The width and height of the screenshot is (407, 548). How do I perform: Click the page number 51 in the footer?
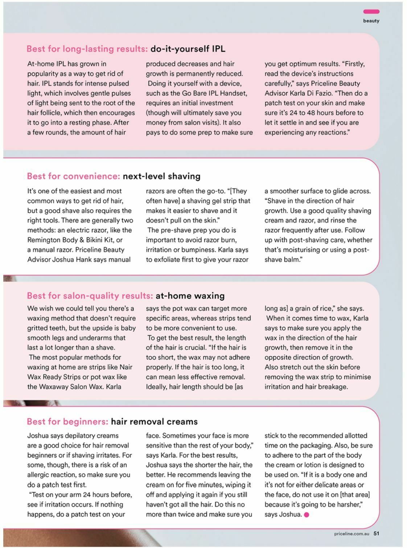click(x=376, y=533)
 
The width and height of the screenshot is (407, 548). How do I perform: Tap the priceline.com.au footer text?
click(x=351, y=534)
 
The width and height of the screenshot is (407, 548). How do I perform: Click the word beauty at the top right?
click(x=371, y=21)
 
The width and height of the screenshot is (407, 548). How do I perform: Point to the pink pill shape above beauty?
click(x=371, y=12)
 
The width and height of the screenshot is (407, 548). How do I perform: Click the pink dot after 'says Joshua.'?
click(x=307, y=515)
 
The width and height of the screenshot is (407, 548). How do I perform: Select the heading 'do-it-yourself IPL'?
click(x=188, y=49)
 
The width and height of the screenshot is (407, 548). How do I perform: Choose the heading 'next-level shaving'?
click(x=161, y=176)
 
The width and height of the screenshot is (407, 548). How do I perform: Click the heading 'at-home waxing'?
click(x=190, y=296)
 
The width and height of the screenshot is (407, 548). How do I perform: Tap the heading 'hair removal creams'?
click(x=154, y=422)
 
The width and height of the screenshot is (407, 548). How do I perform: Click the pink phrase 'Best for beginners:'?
click(x=67, y=422)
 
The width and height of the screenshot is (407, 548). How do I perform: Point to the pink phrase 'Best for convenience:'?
click(x=73, y=176)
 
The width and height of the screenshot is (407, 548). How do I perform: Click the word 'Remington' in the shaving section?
click(x=44, y=240)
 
